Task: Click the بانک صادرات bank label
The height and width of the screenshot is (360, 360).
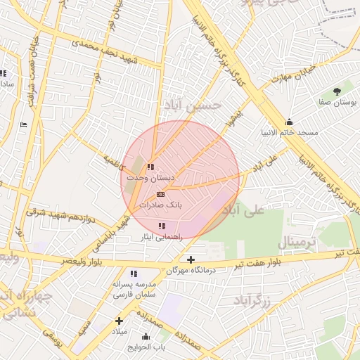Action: pyautogui.click(x=160, y=205)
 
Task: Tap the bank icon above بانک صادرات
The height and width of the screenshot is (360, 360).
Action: pyautogui.click(x=160, y=194)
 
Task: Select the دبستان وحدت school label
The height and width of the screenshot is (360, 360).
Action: pyautogui.click(x=150, y=179)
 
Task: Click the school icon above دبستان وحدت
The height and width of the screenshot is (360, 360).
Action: pyautogui.click(x=150, y=167)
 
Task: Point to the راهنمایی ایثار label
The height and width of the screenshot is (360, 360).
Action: pyautogui.click(x=162, y=237)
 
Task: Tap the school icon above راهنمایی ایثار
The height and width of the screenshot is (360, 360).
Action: pyautogui.click(x=162, y=226)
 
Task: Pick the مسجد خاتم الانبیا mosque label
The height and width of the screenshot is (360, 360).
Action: pyautogui.click(x=289, y=132)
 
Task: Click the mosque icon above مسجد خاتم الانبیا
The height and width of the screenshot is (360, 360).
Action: pyautogui.click(x=289, y=121)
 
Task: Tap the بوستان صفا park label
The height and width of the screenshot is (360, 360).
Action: pyautogui.click(x=337, y=102)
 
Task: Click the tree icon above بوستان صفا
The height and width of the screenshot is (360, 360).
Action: pyautogui.click(x=337, y=91)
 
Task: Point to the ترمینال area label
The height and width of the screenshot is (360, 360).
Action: pyautogui.click(x=302, y=243)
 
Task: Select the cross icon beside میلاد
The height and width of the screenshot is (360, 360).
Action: pyautogui.click(x=119, y=321)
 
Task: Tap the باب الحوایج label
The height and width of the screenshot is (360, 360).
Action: pyautogui.click(x=146, y=347)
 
